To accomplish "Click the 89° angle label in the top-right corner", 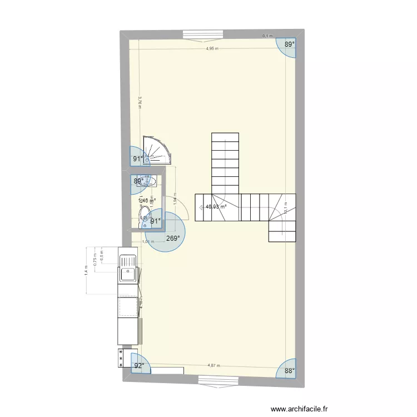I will pos(289,44).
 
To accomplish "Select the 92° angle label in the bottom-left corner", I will pos(138,365).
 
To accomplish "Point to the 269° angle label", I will pos(172,239).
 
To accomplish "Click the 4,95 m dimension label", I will pos(212,48).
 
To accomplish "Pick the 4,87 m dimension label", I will pos(214,365).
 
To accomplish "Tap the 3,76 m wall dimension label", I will pos(140,104).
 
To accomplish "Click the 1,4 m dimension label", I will pos(87,270).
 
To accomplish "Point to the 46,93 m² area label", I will pos(216,207).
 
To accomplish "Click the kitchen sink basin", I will pos(127,274).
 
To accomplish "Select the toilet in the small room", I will pos(145,215).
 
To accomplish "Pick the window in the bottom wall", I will pos(216,380).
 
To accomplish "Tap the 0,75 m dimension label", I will pos(96,262).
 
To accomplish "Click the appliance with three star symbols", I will pos(120,359).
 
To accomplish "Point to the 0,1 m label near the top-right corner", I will pos(267,36).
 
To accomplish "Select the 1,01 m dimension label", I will pos(147,241).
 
